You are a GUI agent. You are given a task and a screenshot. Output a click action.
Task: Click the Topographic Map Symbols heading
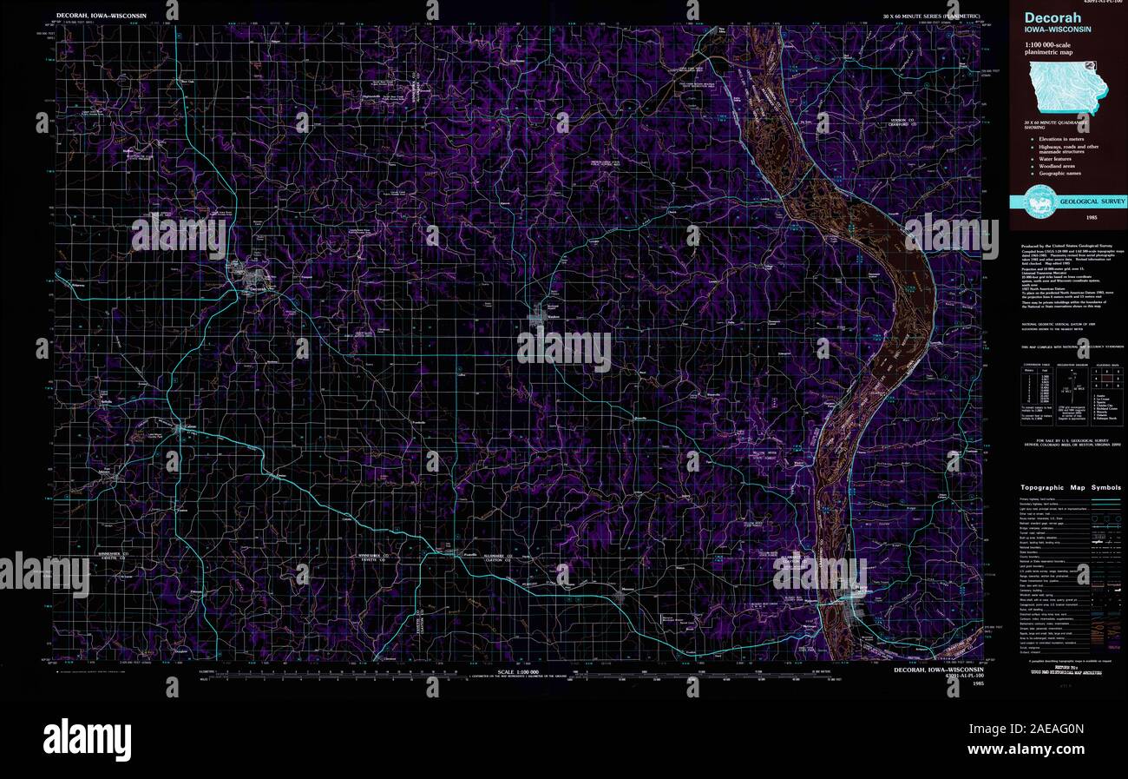[x=1070, y=487]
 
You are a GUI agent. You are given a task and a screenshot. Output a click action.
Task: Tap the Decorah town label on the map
[x=258, y=290]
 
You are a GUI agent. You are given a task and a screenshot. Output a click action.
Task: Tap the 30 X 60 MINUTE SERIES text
[x=932, y=17]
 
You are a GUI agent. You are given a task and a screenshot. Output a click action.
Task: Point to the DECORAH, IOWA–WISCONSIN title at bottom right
[x=939, y=670]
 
